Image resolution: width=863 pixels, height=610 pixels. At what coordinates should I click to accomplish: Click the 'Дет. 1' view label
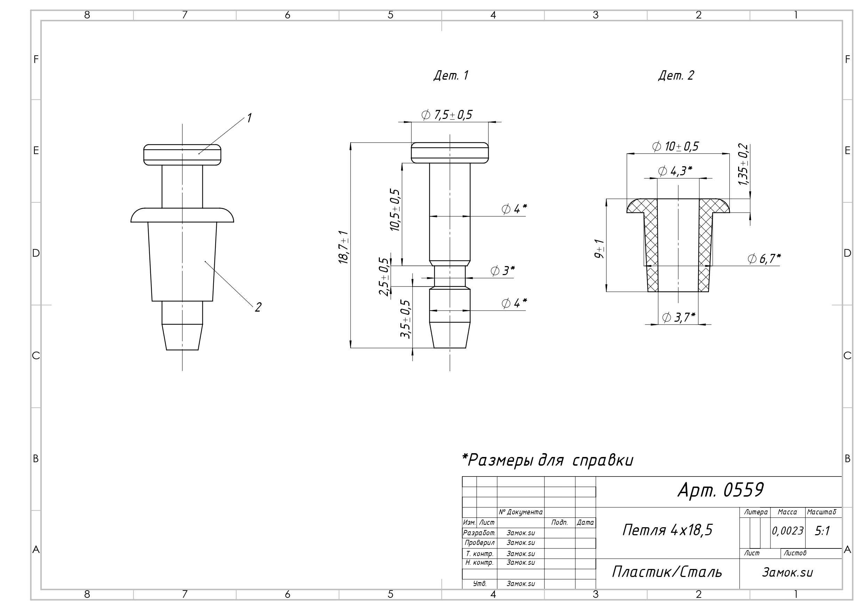451,75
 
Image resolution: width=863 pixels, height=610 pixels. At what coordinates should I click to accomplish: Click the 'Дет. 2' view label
676,75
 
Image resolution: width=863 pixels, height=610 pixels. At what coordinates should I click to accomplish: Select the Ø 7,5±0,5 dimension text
447,115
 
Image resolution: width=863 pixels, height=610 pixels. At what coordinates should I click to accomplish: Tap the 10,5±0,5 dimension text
395,210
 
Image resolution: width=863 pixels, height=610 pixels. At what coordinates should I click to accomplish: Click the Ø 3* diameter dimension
503,271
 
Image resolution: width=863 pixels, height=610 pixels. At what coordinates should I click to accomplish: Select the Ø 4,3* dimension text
675,171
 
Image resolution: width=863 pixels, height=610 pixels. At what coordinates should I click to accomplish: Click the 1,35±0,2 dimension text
743,164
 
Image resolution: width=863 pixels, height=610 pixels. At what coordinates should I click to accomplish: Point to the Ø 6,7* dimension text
764,259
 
